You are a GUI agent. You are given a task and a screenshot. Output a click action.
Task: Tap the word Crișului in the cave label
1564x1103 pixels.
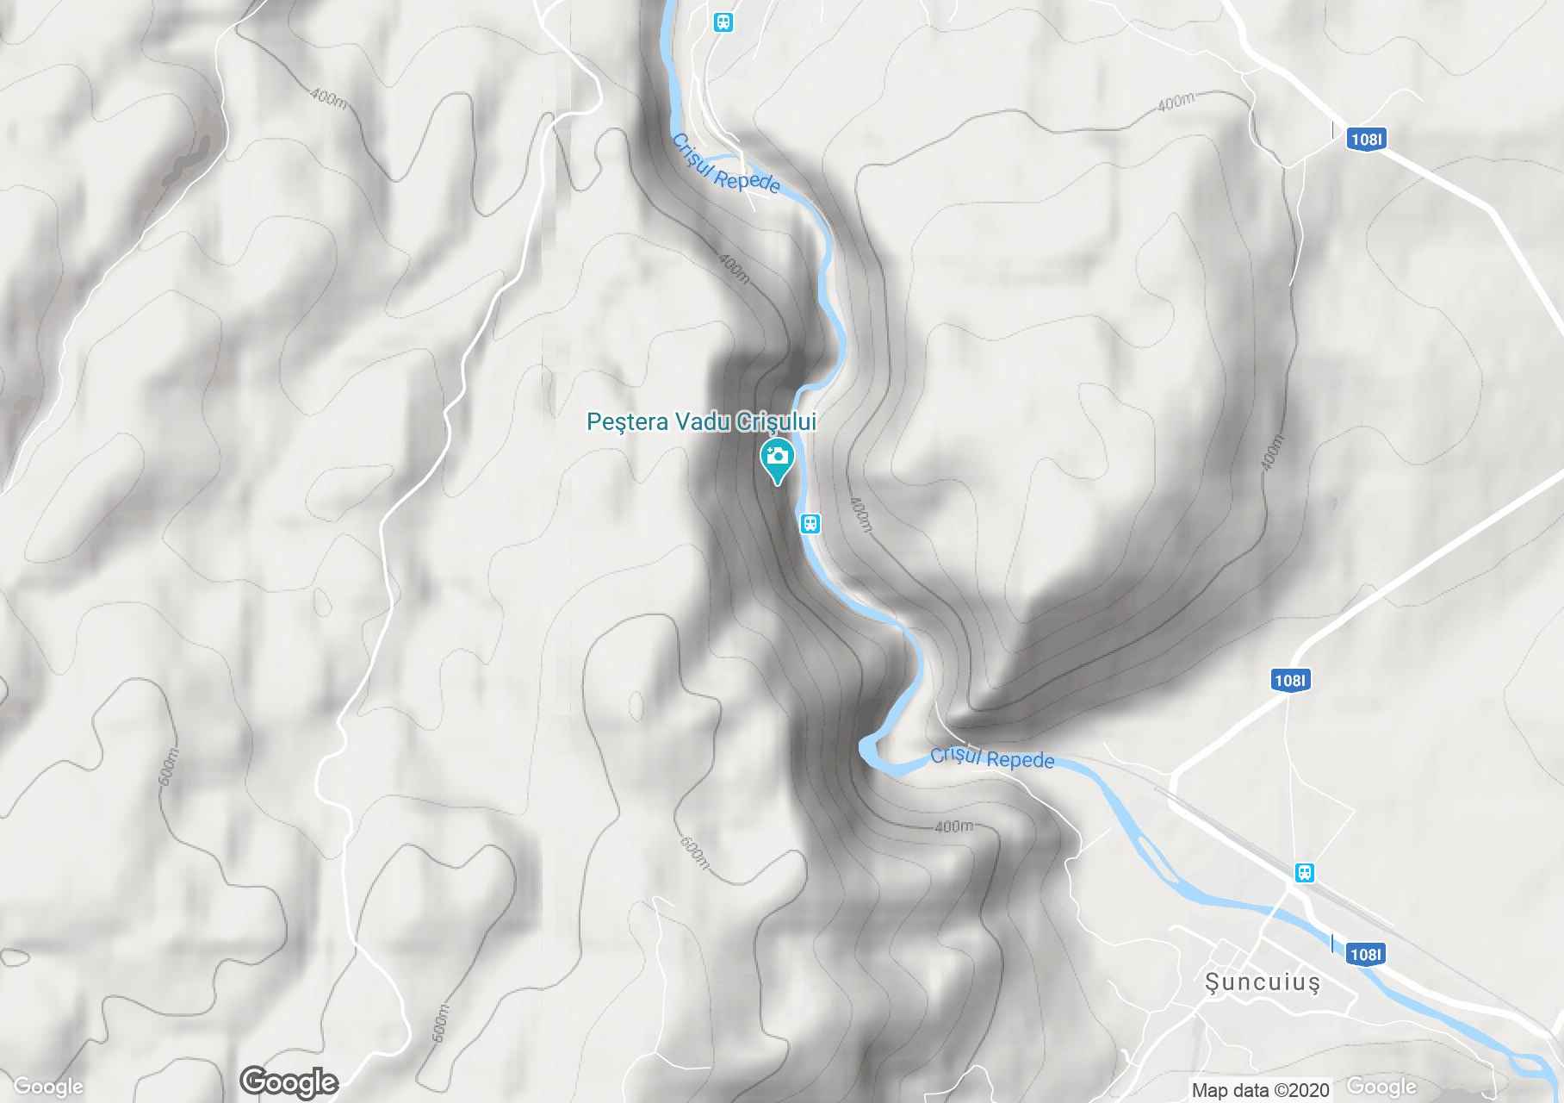(x=778, y=422)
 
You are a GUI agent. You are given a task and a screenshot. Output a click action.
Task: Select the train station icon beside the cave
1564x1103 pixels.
(x=810, y=523)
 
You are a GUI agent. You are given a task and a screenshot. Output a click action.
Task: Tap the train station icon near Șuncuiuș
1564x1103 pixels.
(x=1305, y=873)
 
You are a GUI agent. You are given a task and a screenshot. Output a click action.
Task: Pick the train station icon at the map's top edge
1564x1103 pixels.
(x=723, y=22)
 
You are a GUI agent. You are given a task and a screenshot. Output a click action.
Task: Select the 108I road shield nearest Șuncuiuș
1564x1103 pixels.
(x=1365, y=954)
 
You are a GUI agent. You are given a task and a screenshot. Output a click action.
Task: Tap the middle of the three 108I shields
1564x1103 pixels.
(x=1289, y=681)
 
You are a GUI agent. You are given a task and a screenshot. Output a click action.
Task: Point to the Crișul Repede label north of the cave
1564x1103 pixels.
(x=725, y=164)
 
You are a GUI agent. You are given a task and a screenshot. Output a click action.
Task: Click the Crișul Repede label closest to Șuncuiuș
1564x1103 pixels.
(x=992, y=758)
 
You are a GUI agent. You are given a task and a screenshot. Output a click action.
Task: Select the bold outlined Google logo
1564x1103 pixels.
(x=289, y=1081)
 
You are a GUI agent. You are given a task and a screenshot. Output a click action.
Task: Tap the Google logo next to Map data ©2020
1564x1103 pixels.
(x=1381, y=1087)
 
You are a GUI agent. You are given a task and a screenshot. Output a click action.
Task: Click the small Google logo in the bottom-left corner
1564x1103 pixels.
(x=48, y=1087)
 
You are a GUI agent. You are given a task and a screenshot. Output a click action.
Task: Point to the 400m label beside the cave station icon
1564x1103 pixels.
(x=860, y=514)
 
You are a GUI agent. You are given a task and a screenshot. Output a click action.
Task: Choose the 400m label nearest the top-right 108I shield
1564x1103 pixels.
(x=1176, y=103)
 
